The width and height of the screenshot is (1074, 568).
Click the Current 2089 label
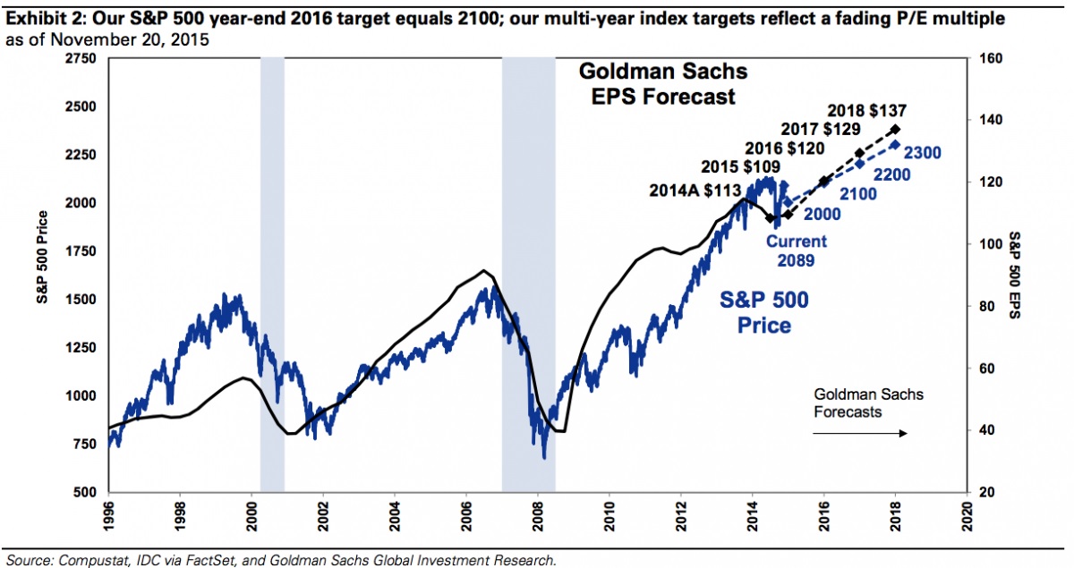click(795, 250)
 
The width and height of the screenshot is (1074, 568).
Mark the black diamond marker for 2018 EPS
click(895, 130)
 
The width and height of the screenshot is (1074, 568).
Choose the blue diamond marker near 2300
click(895, 144)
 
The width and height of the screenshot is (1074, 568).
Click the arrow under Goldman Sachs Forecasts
click(860, 434)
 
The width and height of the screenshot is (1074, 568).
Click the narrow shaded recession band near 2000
click(271, 268)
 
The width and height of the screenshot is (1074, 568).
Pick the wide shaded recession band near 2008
click(528, 268)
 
